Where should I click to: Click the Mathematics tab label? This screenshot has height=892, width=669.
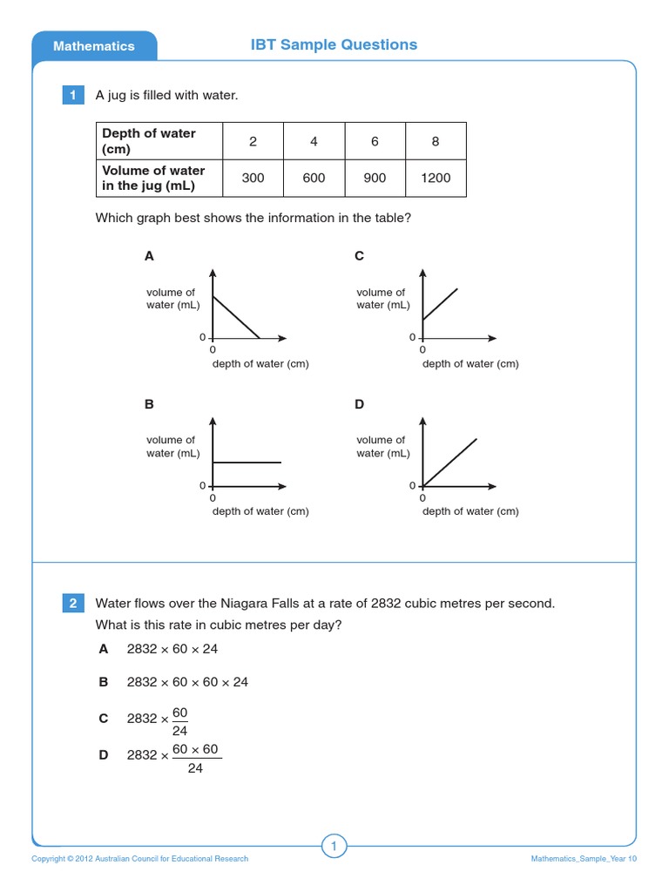[94, 46]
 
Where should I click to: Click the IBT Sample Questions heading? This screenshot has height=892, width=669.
[334, 44]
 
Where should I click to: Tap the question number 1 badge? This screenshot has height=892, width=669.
[73, 95]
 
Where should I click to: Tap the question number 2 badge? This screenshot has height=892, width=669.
[73, 603]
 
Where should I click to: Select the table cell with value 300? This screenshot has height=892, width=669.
[253, 178]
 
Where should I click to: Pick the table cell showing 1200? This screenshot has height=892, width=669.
[436, 178]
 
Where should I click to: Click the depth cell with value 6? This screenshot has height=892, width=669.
[375, 141]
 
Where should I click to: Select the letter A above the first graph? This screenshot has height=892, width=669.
[149, 256]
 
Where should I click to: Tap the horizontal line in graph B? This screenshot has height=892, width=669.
[247, 462]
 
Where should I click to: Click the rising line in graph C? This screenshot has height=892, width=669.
[440, 304]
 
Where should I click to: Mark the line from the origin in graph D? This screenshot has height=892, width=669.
[449, 462]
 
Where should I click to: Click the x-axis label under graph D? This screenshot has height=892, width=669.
[470, 511]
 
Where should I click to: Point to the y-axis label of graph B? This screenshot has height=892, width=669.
[172, 446]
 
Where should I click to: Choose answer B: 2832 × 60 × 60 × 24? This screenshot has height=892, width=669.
[187, 682]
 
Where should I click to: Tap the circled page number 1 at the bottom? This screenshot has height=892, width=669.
[334, 845]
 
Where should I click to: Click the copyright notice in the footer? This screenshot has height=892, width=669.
[139, 859]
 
